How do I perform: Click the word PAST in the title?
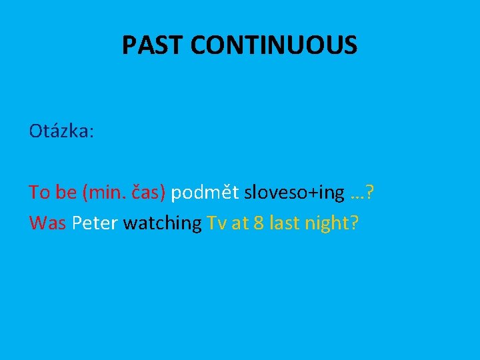153,45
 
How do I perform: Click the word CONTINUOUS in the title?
274,45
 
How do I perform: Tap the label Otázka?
61,131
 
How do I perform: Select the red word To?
39,193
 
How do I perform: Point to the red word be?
65,193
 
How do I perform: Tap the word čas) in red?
149,193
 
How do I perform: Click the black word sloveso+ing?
294,193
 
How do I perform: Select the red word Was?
47,223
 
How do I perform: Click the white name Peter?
95,223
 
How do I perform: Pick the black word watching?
162,224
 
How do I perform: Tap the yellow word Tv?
217,223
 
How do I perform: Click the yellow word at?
239,223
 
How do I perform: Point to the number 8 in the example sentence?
259,223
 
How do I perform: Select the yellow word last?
285,223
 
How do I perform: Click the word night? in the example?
332,224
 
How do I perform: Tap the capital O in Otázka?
35,131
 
